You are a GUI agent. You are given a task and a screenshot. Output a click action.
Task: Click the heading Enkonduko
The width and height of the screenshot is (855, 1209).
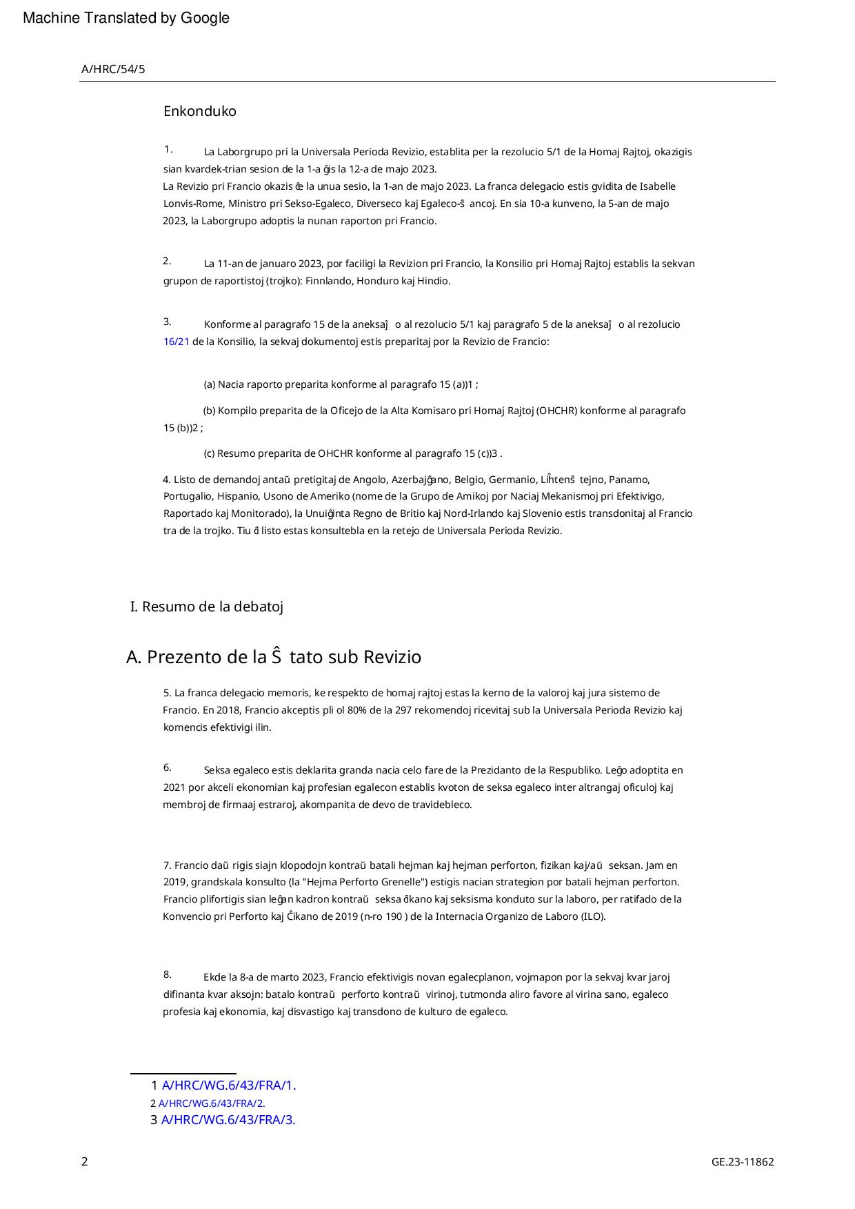point(199,112)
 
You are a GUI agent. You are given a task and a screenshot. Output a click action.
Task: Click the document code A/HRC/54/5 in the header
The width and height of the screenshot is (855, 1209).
point(113,69)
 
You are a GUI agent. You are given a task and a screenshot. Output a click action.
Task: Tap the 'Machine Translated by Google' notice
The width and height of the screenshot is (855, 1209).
point(126,19)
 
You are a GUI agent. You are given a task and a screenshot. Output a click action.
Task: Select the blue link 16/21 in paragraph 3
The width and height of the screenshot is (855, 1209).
point(176,342)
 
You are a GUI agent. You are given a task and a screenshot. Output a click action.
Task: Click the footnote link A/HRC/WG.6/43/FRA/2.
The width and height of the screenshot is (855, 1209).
point(212,1103)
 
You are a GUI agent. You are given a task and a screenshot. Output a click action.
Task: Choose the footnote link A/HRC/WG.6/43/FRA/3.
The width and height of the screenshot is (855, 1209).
point(228,1120)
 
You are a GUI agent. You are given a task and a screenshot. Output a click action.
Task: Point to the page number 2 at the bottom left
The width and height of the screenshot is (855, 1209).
point(85,1161)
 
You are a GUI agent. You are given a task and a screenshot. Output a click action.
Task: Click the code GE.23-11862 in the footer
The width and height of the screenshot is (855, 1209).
point(743,1161)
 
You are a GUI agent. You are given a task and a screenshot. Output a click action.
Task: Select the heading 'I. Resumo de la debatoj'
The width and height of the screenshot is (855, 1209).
point(207,607)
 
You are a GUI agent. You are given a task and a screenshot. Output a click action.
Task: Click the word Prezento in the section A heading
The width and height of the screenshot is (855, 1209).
point(180,657)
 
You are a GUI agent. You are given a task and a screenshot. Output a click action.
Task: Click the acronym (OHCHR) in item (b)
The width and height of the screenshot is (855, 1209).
point(556,411)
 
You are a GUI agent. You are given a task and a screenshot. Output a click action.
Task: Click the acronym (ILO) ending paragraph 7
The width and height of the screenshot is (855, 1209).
point(594,916)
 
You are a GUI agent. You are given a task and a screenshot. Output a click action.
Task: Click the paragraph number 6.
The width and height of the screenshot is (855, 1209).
point(167,768)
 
